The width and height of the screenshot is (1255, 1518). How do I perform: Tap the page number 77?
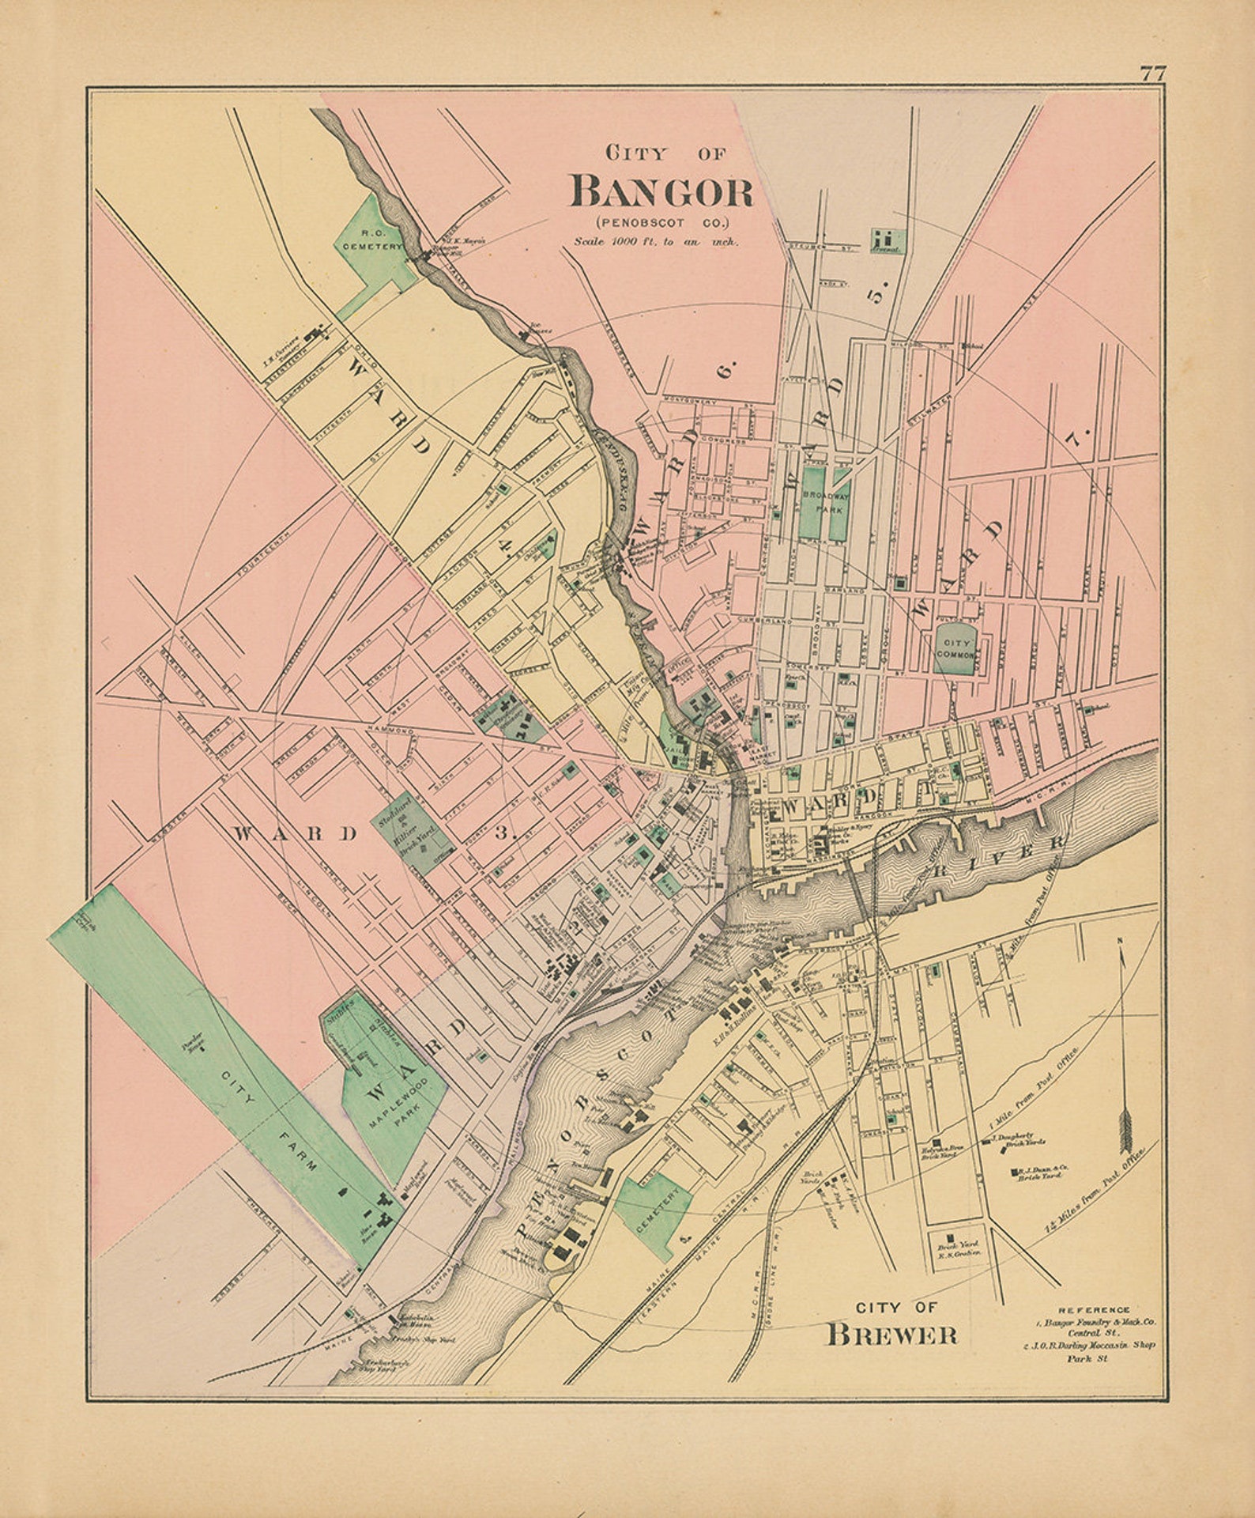[1152, 74]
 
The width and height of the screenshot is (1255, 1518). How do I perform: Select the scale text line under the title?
[656, 243]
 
